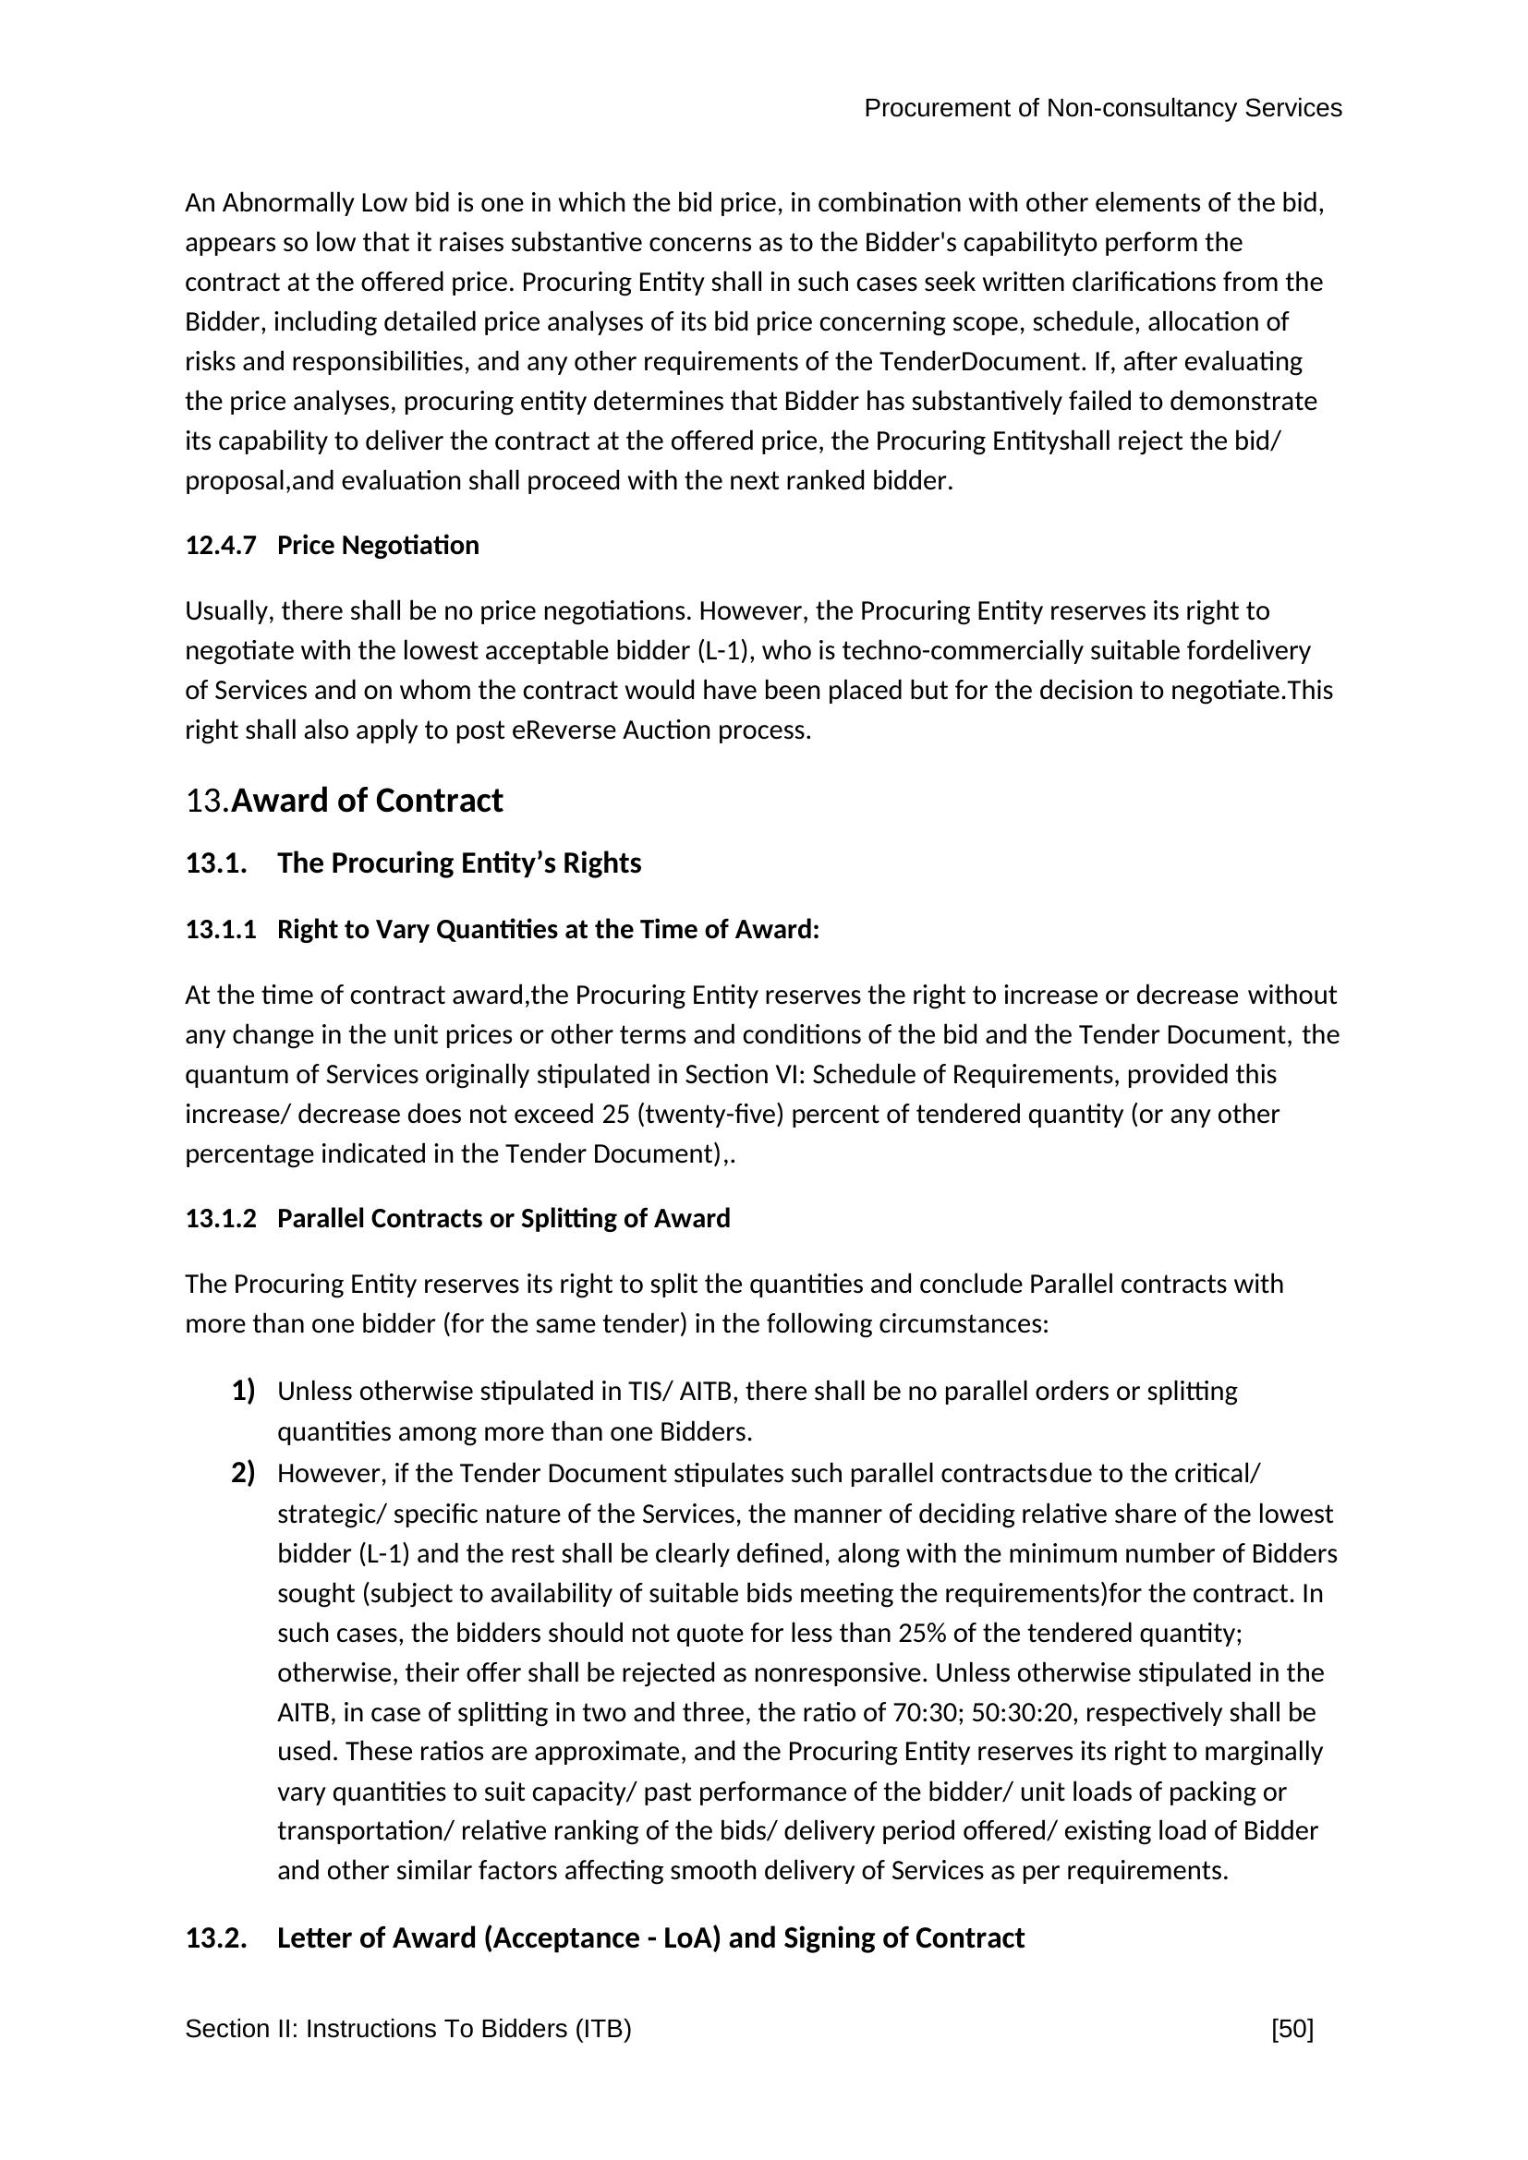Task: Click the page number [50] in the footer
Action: pyautogui.click(x=1291, y=2028)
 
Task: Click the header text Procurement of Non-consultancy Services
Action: pyautogui.click(x=1102, y=108)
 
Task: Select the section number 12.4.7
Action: pyautogui.click(x=220, y=546)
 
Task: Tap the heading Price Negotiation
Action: pyautogui.click(x=377, y=546)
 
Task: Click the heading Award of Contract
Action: pyautogui.click(x=367, y=801)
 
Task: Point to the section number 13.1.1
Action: pyautogui.click(x=220, y=930)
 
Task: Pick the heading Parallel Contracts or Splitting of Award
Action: pyautogui.click(x=503, y=1218)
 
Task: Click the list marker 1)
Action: pyautogui.click(x=243, y=1391)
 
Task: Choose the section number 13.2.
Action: pyautogui.click(x=215, y=1938)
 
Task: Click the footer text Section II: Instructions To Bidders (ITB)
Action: pyautogui.click(x=407, y=2028)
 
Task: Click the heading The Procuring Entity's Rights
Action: pyautogui.click(x=458, y=863)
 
